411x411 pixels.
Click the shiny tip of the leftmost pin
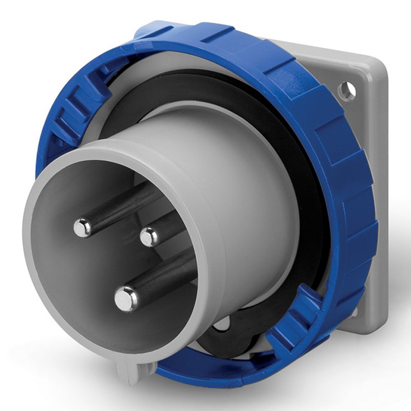tap(82, 227)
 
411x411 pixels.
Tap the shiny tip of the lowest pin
tap(126, 298)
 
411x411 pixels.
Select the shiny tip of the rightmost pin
tap(150, 237)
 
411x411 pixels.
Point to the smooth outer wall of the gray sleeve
tap(247, 170)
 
